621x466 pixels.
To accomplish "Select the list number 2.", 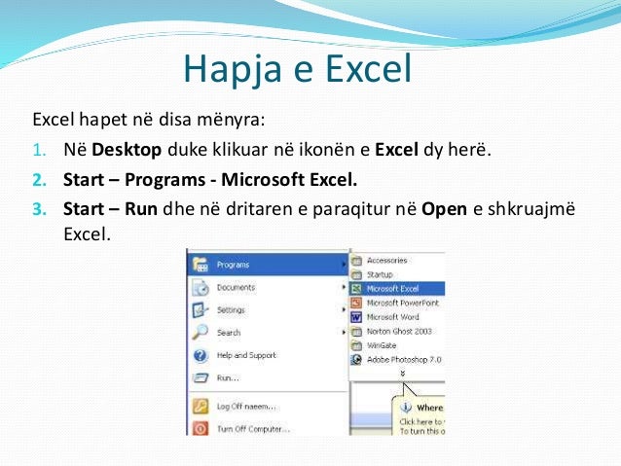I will (38, 181).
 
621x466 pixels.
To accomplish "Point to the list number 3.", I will (38, 208).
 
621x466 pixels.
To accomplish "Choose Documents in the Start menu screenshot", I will (236, 287).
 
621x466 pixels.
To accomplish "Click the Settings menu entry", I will (231, 309).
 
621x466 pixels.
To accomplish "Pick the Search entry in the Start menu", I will (228, 333).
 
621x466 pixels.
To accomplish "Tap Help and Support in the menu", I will (246, 355).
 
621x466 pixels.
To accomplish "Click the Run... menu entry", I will (228, 377).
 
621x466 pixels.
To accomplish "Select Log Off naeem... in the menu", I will (245, 406).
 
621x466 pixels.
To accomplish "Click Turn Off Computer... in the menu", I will (252, 428).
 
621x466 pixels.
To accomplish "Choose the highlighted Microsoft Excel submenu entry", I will (393, 288).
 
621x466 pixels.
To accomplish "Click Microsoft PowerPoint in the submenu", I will (402, 303).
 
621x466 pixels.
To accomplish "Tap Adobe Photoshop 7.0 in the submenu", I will (403, 359).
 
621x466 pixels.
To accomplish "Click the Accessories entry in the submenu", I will (386, 260).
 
